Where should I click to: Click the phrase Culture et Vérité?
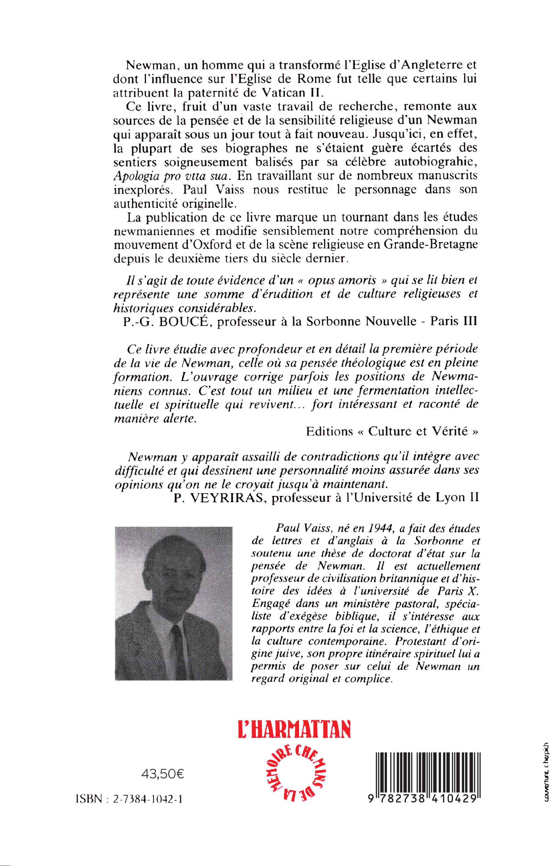coord(418,432)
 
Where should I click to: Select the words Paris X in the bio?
coord(457,591)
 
